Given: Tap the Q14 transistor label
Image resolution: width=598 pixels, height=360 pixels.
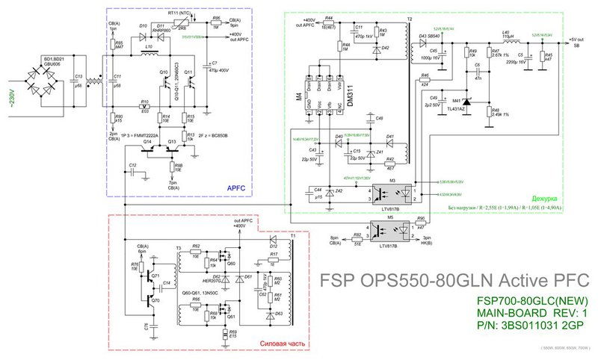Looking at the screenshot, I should point(147,140).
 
